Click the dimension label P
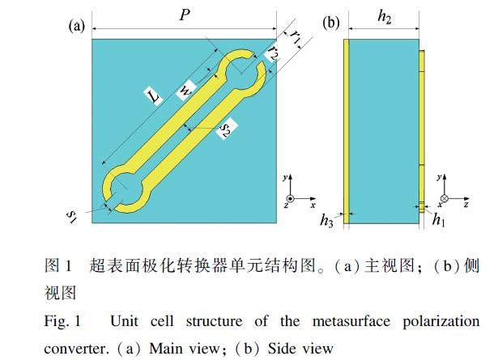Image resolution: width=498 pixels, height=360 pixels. (x=185, y=15)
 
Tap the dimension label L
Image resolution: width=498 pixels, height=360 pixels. (x=153, y=95)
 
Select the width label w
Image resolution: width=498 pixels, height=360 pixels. (x=185, y=91)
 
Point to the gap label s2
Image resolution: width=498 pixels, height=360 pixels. (x=226, y=129)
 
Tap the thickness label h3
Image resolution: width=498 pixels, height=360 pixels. (x=327, y=220)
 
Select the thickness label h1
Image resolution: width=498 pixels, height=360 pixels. (x=439, y=219)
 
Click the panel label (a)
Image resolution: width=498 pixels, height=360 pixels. (x=77, y=26)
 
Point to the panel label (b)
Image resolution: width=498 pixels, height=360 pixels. (x=331, y=23)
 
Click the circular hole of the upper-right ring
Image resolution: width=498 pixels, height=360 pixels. (x=241, y=73)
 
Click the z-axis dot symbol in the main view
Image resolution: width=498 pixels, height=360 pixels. (x=290, y=199)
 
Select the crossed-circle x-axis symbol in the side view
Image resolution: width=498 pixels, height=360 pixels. (x=445, y=199)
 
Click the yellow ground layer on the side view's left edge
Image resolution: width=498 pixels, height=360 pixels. (x=347, y=131)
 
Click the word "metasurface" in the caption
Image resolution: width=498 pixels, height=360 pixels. (x=351, y=321)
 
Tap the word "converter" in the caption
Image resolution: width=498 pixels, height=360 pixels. (x=76, y=349)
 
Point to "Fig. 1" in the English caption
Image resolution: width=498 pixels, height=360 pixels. (x=62, y=321)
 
